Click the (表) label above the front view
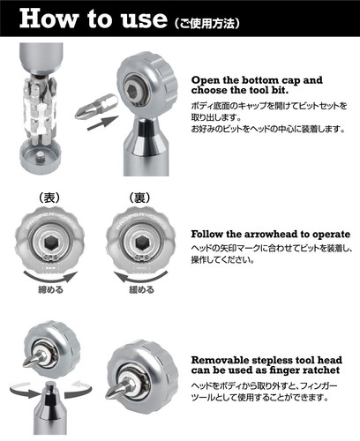(47, 196)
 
